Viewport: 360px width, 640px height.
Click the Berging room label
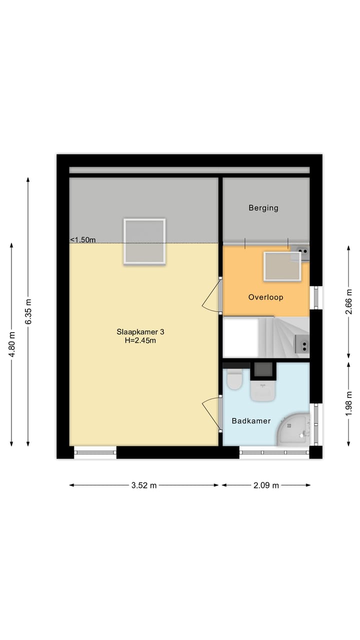pos(263,208)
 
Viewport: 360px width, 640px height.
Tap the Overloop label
pos(265,297)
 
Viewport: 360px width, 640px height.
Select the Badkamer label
pos(251,421)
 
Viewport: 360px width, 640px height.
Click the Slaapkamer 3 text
pos(140,331)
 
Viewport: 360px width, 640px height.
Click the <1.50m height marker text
pos(82,240)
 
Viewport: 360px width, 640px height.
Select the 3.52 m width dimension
pos(143,485)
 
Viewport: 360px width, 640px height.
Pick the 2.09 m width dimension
pos(265,485)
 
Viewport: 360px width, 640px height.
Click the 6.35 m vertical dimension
pos(28,311)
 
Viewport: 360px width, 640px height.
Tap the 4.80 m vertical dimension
pos(11,344)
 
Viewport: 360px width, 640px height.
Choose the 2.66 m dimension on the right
pos(349,301)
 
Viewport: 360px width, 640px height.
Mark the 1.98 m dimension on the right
pos(349,403)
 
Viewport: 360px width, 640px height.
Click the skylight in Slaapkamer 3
pos(144,241)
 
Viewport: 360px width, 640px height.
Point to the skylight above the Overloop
pos(282,266)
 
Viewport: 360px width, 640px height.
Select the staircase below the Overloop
pos(280,338)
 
